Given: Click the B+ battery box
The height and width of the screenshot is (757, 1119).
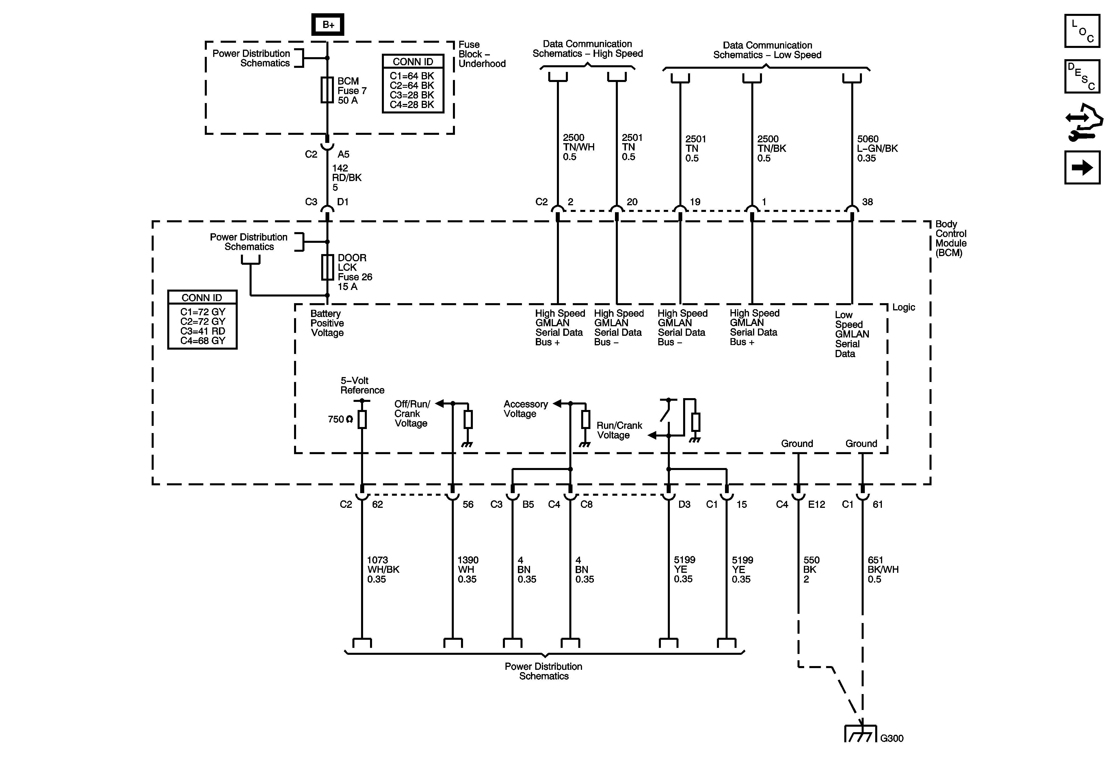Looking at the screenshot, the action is pyautogui.click(x=328, y=24).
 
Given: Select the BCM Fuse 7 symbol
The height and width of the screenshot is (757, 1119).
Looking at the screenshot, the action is pyautogui.click(x=328, y=90).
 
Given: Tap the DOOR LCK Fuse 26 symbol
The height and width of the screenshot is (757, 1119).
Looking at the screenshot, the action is pyautogui.click(x=328, y=267).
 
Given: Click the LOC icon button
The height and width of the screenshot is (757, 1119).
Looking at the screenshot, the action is pyautogui.click(x=1082, y=31).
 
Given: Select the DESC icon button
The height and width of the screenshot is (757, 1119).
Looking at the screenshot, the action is pyautogui.click(x=1082, y=76).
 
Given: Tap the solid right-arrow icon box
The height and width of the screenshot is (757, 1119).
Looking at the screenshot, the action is pyautogui.click(x=1082, y=167).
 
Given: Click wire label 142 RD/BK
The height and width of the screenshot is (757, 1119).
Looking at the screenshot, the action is pyautogui.click(x=347, y=178).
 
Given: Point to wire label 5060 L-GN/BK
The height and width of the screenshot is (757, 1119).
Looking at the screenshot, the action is pyautogui.click(x=877, y=148).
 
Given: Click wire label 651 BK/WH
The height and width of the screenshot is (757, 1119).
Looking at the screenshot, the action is pyautogui.click(x=883, y=569).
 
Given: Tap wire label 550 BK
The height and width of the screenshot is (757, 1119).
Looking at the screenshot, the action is pyautogui.click(x=811, y=569).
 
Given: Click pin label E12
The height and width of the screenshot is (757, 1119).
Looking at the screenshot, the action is pyautogui.click(x=817, y=504).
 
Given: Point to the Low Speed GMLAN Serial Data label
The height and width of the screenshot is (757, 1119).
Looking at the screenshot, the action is pyautogui.click(x=852, y=334).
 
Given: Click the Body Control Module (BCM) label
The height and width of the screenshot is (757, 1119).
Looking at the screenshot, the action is pyautogui.click(x=951, y=238).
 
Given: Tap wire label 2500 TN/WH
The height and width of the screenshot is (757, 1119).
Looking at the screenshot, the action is pyautogui.click(x=578, y=147).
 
